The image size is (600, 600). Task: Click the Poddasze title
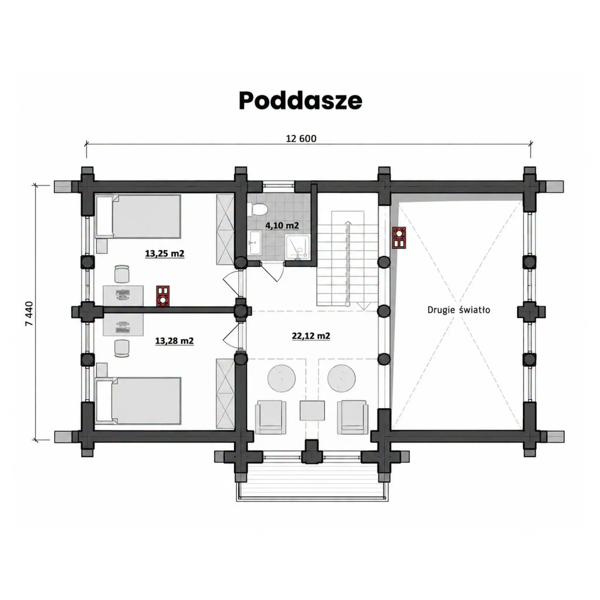(300, 100)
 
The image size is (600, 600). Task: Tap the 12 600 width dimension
(301, 139)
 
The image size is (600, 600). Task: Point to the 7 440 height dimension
(29, 313)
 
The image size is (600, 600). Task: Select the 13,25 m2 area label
(165, 253)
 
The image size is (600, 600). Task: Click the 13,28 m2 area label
(174, 341)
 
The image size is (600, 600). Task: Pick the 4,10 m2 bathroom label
(282, 226)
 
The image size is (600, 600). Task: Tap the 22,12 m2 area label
(311, 336)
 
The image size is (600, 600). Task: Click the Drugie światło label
(459, 310)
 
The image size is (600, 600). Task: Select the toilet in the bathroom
(258, 209)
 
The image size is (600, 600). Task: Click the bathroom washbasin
(255, 242)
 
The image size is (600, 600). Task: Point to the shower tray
(298, 247)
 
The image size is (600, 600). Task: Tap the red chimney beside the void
(399, 238)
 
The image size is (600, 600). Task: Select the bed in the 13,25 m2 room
(138, 217)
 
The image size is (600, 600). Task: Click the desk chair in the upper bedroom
(122, 274)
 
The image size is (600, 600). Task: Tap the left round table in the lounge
(282, 379)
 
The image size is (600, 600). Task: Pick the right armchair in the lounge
(352, 417)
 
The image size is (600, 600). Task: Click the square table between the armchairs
(312, 410)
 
